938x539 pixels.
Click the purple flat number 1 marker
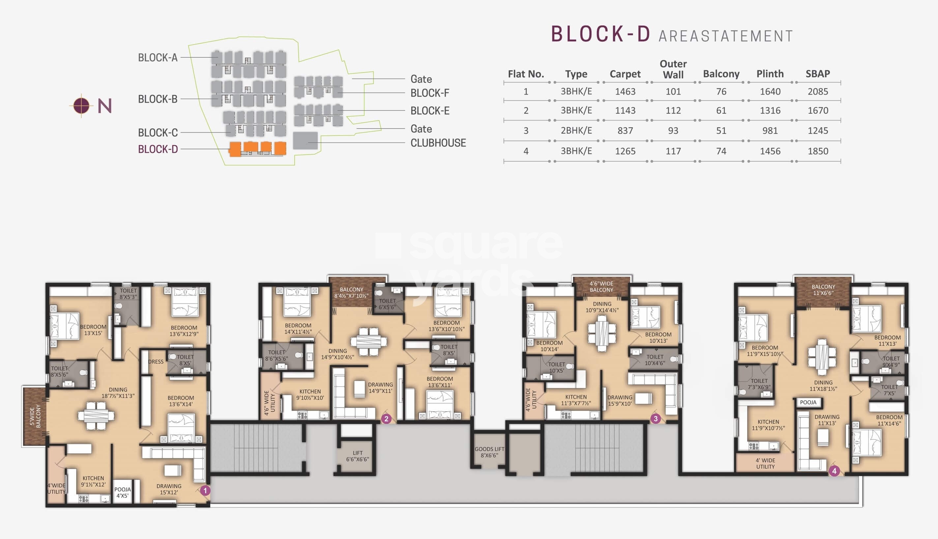(x=205, y=491)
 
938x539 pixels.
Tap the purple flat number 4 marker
(x=834, y=471)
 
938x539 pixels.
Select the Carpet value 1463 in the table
(x=625, y=91)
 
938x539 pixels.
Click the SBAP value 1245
(x=818, y=131)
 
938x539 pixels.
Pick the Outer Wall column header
(x=673, y=69)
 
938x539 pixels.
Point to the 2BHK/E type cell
(x=576, y=131)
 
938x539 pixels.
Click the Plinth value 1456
(x=770, y=151)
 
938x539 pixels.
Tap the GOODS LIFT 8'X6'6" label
(x=489, y=452)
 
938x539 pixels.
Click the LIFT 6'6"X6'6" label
(x=358, y=456)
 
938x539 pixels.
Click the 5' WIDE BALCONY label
(x=35, y=416)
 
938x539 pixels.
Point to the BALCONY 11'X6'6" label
(x=823, y=290)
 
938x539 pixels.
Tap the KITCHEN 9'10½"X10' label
(x=310, y=395)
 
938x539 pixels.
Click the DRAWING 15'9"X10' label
(x=620, y=401)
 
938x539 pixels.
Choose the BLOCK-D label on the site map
(x=158, y=149)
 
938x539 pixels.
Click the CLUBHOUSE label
(x=438, y=143)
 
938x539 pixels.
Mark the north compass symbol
(x=81, y=105)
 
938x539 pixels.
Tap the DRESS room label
(x=156, y=362)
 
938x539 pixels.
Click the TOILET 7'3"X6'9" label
(x=759, y=384)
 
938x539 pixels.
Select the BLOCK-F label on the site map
(x=429, y=93)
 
